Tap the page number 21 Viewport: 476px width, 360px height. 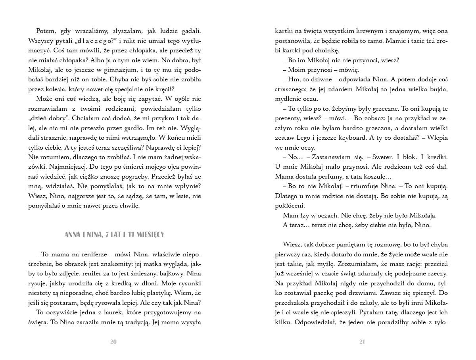click(x=362, y=342)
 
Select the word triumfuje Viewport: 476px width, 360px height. click(x=367, y=186)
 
